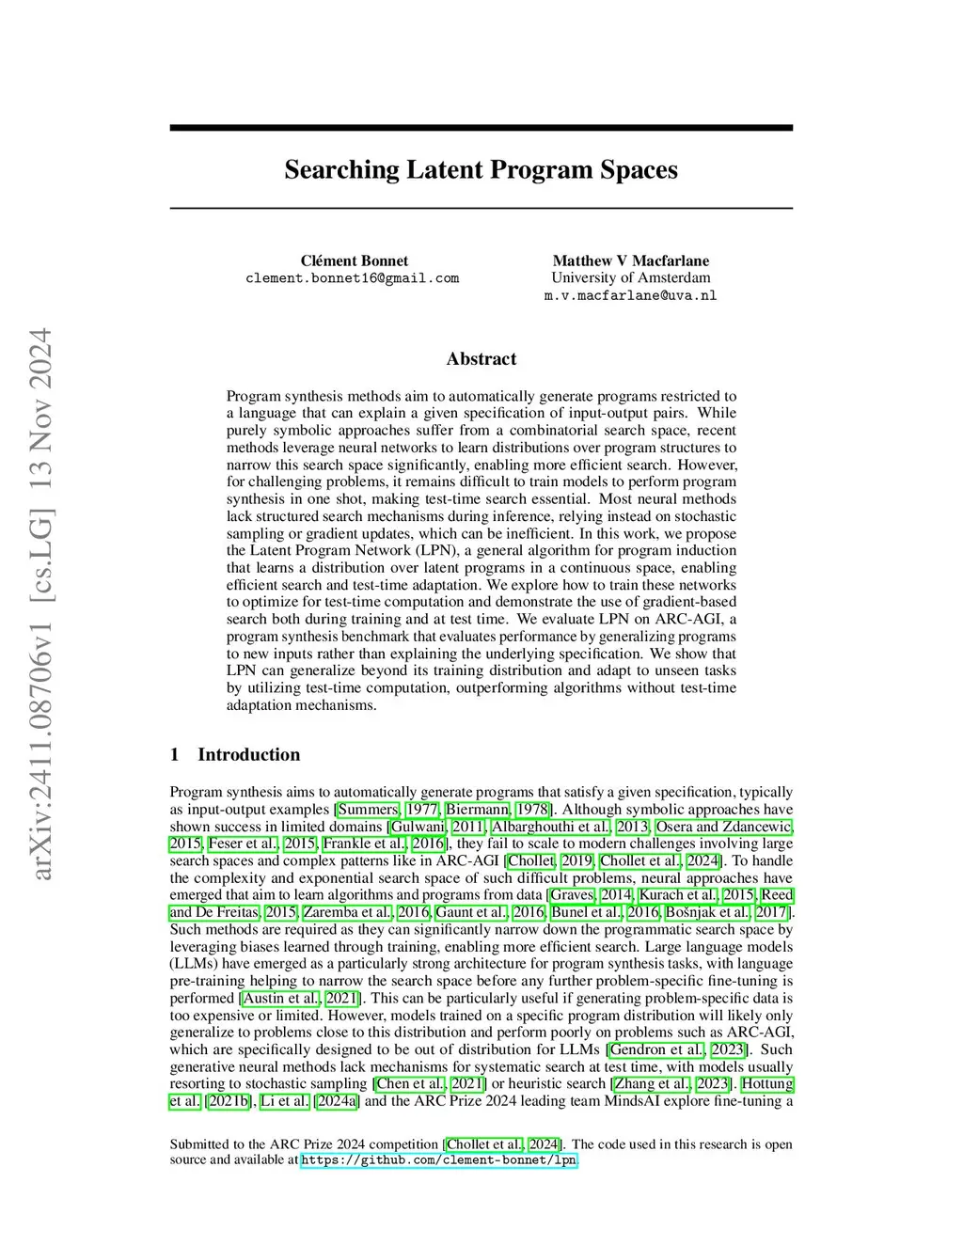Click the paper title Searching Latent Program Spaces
point(481,170)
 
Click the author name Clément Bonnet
point(354,260)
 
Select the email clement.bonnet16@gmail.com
point(352,278)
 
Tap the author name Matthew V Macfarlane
point(630,260)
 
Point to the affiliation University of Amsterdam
point(630,277)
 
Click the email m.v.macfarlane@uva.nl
point(630,295)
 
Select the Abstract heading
point(481,359)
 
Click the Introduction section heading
point(248,754)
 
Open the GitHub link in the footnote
point(438,1160)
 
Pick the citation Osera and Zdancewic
point(724,827)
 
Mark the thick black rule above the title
point(481,127)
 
